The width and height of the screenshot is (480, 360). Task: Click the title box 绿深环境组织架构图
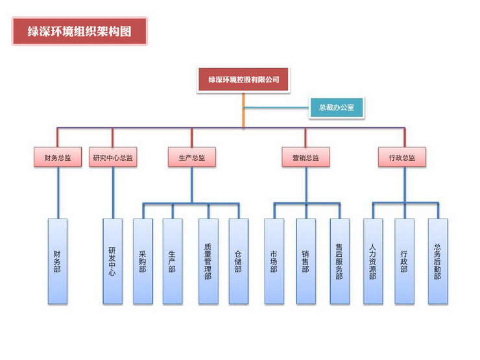pyautogui.click(x=79, y=31)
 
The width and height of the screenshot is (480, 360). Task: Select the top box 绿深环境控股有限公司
pyautogui.click(x=243, y=80)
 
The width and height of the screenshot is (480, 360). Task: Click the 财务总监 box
pyautogui.click(x=58, y=157)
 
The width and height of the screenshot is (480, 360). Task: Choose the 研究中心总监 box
pyautogui.click(x=113, y=157)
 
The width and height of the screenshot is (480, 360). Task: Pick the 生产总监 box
pyautogui.click(x=191, y=157)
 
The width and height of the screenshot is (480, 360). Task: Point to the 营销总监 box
pyautogui.click(x=306, y=157)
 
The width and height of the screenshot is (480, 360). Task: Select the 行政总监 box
pyautogui.click(x=402, y=157)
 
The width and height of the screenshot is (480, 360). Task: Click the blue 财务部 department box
pyautogui.click(x=58, y=261)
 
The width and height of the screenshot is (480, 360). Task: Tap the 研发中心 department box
pyautogui.click(x=112, y=261)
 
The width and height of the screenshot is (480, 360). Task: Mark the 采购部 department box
pyautogui.click(x=143, y=261)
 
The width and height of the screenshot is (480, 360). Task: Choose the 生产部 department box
pyautogui.click(x=173, y=261)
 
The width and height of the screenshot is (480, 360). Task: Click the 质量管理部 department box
pyautogui.click(x=208, y=261)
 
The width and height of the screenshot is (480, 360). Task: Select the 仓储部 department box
pyautogui.click(x=238, y=261)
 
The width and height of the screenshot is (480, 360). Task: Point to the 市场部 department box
pyautogui.click(x=274, y=261)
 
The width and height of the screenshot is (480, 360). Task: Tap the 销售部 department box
pyautogui.click(x=306, y=261)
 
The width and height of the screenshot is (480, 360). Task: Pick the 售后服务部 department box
pyautogui.click(x=339, y=261)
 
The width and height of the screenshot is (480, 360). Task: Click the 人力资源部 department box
pyautogui.click(x=373, y=261)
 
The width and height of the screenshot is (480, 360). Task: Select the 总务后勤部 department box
pyautogui.click(x=437, y=261)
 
